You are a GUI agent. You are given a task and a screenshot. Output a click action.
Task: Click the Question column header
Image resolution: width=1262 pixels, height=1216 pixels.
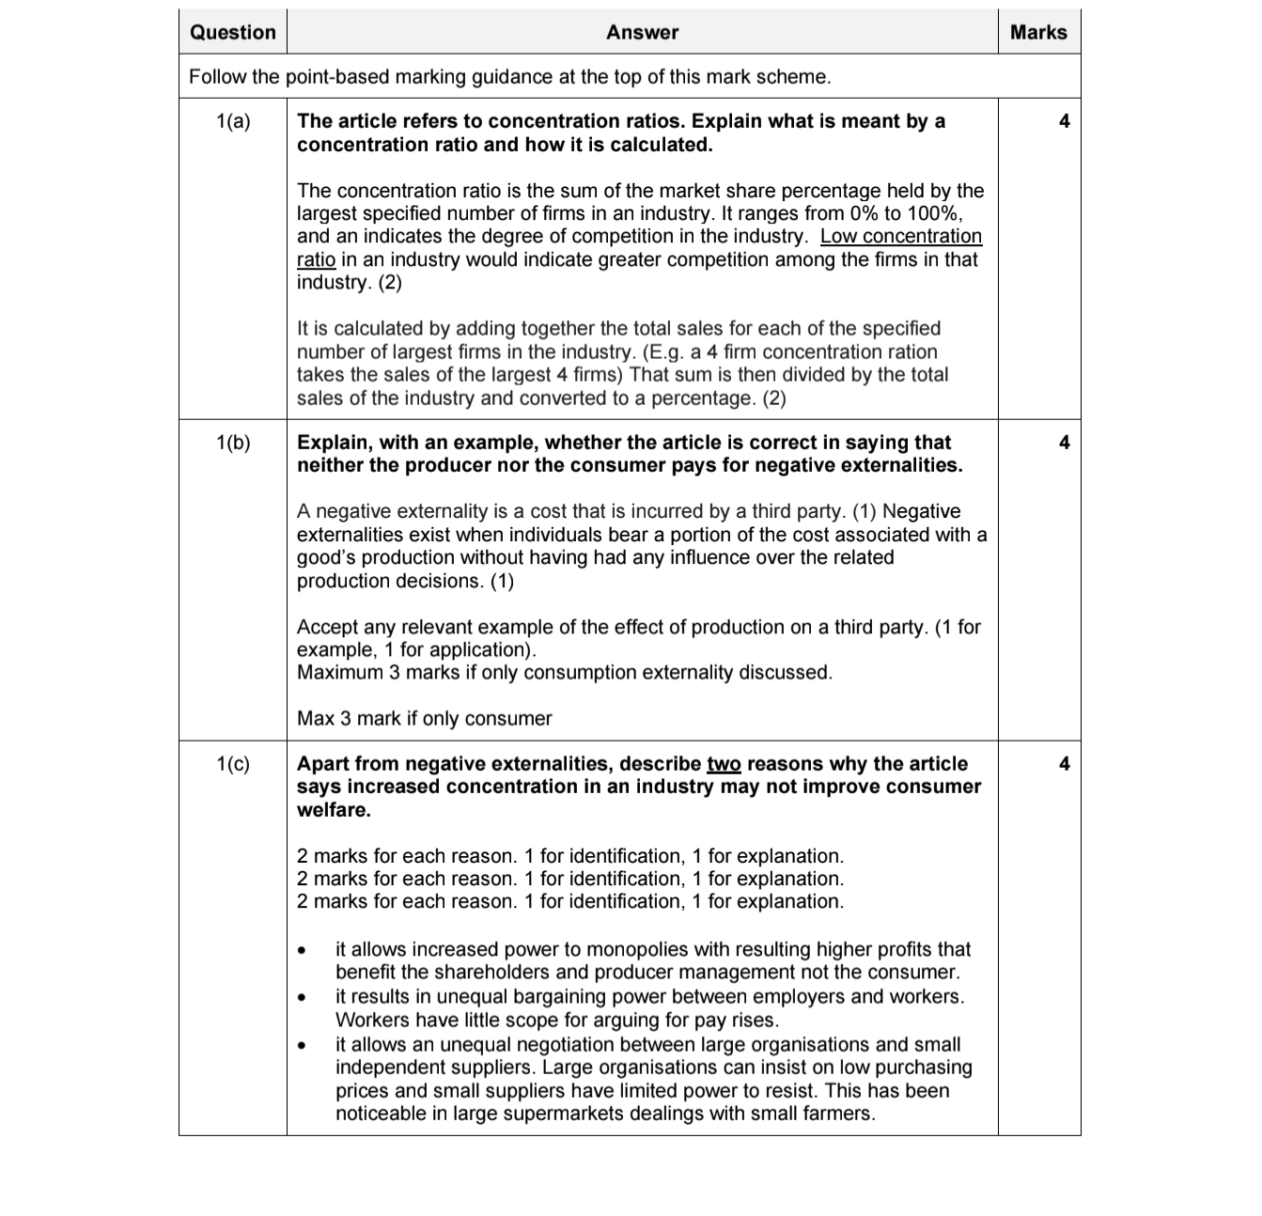(232, 32)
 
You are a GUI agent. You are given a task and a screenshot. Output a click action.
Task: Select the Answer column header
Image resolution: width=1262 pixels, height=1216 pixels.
(642, 32)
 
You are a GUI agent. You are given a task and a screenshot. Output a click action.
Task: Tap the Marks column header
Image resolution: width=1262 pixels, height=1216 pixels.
(1038, 32)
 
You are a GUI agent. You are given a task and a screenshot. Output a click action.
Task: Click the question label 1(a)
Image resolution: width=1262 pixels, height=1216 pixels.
(233, 121)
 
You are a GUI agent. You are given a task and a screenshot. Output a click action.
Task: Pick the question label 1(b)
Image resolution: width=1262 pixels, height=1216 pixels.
(233, 443)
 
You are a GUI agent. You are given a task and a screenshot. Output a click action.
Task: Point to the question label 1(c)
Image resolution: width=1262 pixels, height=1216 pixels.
(233, 764)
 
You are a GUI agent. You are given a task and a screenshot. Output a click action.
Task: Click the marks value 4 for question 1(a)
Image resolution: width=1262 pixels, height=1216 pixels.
(1064, 121)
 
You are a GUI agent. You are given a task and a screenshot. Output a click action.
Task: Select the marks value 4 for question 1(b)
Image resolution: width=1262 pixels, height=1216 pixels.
(1064, 443)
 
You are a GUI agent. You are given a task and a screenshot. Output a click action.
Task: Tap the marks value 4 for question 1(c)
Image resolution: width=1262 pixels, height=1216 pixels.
(1064, 764)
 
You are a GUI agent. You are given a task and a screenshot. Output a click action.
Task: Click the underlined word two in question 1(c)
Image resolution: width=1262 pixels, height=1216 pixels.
(724, 764)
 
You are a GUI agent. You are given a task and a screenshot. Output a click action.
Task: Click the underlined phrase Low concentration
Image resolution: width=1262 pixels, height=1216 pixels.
(901, 237)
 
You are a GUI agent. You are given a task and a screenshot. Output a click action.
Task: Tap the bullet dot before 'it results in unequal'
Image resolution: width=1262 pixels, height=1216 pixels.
(302, 997)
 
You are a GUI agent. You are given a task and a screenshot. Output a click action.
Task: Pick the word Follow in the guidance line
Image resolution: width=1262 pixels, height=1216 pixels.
(218, 77)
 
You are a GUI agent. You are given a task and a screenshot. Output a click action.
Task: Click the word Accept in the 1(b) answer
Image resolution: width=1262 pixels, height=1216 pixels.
(328, 627)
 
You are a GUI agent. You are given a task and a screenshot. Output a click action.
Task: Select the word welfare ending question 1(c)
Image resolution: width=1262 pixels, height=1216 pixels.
(333, 810)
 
